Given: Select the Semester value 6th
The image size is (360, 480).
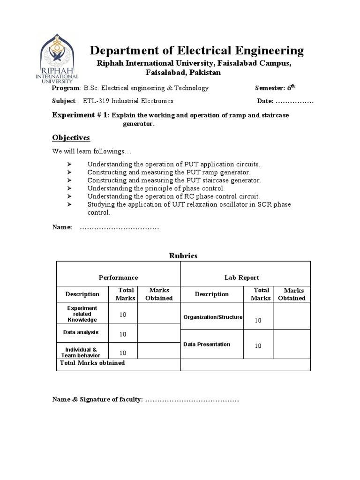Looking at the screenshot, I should [291, 88].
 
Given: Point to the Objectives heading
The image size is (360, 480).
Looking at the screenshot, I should [71, 138].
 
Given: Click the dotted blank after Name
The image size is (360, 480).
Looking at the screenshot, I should [120, 227].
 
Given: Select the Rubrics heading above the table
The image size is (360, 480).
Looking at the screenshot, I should [183, 255].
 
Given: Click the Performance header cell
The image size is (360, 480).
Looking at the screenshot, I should [118, 277].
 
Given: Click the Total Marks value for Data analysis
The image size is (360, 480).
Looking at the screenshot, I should [123, 334].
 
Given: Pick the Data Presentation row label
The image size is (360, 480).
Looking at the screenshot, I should [207, 344].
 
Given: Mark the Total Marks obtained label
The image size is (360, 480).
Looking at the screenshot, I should [92, 363].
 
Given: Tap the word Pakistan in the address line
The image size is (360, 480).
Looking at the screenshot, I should [203, 73].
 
